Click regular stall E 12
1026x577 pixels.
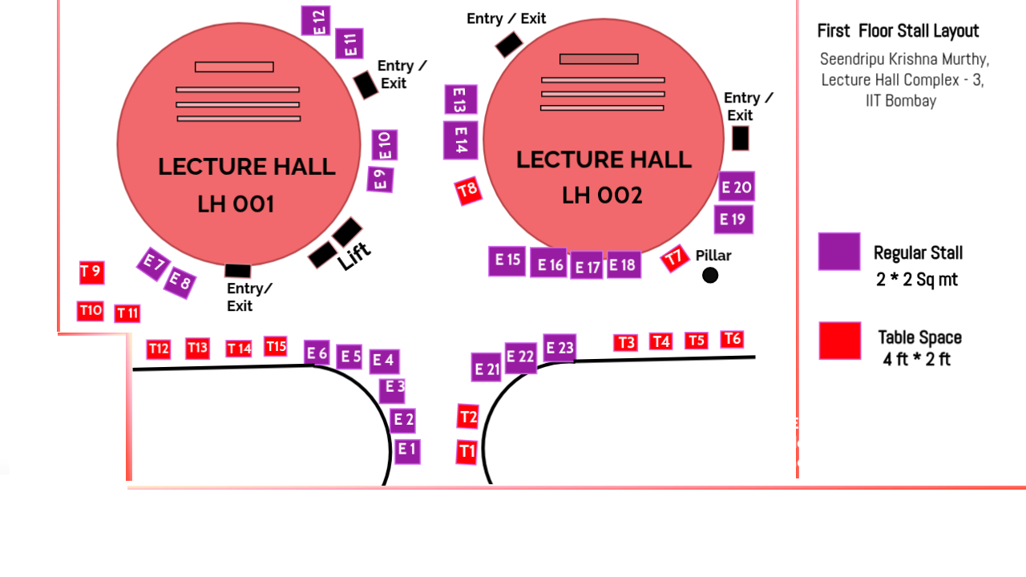pyautogui.click(x=316, y=21)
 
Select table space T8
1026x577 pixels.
pyautogui.click(x=468, y=191)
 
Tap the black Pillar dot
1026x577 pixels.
pyautogui.click(x=710, y=276)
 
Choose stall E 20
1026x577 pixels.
pyautogui.click(x=736, y=187)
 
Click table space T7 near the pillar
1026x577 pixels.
pyautogui.click(x=675, y=258)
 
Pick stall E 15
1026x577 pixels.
pyautogui.click(x=507, y=260)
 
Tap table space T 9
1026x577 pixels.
pyautogui.click(x=91, y=272)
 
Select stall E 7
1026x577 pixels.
pyautogui.click(x=152, y=264)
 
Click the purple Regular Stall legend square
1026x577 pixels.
pyautogui.click(x=839, y=252)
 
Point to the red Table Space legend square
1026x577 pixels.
pyautogui.click(x=840, y=341)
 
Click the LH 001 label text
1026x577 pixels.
pyautogui.click(x=236, y=205)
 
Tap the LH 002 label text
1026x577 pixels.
pyautogui.click(x=602, y=196)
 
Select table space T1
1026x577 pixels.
pyautogui.click(x=467, y=452)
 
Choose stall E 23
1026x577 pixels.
pyautogui.click(x=559, y=348)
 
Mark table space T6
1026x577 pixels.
pyautogui.click(x=732, y=339)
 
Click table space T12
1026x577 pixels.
pyautogui.click(x=159, y=349)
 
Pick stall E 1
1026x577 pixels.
pyautogui.click(x=407, y=450)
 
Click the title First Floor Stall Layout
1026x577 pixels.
pyautogui.click(x=898, y=31)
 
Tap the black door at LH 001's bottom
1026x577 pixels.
pyautogui.click(x=238, y=271)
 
